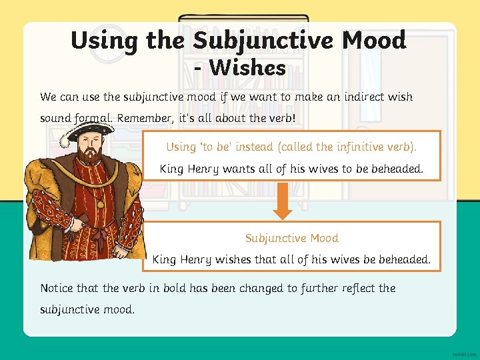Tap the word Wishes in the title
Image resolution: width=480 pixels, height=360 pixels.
[x=247, y=67]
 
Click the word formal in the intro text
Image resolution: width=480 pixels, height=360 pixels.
[x=93, y=118]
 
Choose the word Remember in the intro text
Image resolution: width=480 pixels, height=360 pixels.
[x=145, y=118]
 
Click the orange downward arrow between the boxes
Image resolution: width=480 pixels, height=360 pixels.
[x=283, y=201]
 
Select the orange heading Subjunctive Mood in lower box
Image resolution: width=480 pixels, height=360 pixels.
[x=291, y=238]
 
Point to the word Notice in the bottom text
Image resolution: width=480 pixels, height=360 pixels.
[x=57, y=288]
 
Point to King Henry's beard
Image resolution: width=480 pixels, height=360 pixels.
[x=87, y=157]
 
